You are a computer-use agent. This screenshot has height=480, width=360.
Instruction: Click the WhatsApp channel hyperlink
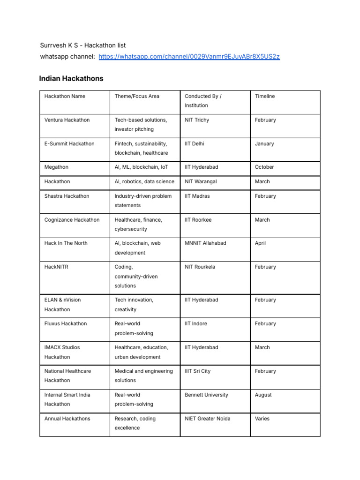(x=189, y=57)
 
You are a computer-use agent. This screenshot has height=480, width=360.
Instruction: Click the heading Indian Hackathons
(x=71, y=79)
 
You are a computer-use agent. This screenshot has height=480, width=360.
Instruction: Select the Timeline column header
(x=265, y=96)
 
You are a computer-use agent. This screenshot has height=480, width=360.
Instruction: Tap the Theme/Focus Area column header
(x=137, y=96)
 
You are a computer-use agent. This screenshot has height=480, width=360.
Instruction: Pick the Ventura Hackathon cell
(x=67, y=120)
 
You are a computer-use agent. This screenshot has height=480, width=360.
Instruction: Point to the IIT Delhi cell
(x=195, y=144)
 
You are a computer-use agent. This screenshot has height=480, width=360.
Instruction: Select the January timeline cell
(x=264, y=144)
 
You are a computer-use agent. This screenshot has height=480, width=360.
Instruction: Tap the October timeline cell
(x=264, y=167)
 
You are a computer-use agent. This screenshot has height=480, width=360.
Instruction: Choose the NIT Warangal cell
(x=201, y=181)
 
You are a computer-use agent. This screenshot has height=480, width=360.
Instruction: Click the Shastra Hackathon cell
(x=67, y=196)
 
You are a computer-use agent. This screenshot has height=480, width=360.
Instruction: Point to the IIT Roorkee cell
(x=198, y=220)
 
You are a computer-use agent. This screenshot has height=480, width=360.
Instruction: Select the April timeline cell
(x=260, y=243)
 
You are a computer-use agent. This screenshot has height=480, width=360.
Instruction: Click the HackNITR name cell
(x=56, y=267)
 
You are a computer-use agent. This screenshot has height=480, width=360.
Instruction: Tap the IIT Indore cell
(x=196, y=324)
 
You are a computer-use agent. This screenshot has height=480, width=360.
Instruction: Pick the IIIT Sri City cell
(x=198, y=371)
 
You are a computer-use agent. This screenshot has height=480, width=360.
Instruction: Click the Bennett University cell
(x=206, y=395)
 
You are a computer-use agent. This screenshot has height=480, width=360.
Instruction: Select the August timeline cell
(x=263, y=395)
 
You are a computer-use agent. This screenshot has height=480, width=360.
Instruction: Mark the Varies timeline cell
(x=262, y=419)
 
